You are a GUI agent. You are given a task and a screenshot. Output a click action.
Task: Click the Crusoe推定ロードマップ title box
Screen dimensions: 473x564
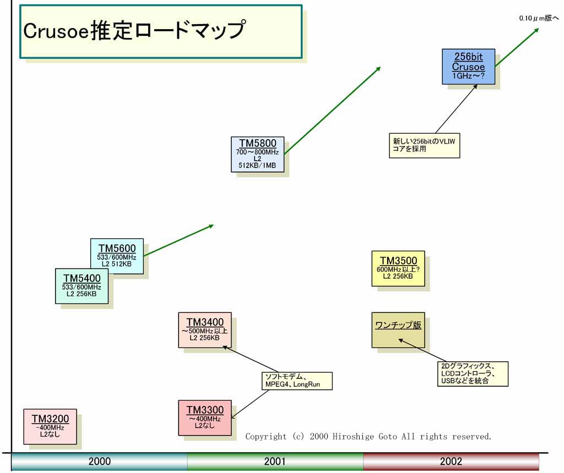click(x=161, y=31)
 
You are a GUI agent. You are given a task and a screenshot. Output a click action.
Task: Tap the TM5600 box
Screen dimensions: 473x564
click(x=117, y=256)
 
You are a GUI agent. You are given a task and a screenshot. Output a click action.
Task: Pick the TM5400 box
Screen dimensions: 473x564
click(x=82, y=285)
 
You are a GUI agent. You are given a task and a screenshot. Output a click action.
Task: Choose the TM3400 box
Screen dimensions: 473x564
click(x=204, y=329)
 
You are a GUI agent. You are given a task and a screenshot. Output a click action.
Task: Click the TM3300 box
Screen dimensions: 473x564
click(x=204, y=417)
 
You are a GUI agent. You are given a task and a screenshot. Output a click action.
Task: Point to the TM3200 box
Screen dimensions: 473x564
click(x=50, y=426)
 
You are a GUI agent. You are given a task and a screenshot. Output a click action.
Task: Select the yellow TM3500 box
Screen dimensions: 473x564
click(x=398, y=268)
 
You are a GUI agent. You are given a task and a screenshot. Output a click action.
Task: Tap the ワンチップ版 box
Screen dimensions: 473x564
click(x=398, y=330)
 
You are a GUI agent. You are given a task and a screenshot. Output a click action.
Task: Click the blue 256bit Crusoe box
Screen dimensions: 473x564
click(x=468, y=67)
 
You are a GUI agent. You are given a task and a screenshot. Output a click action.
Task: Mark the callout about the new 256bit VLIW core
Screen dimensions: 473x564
click(x=424, y=145)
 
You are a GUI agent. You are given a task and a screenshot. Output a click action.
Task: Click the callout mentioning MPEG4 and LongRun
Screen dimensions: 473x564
click(x=297, y=381)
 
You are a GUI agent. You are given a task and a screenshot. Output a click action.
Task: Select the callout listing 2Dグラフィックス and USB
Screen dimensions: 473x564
click(x=472, y=373)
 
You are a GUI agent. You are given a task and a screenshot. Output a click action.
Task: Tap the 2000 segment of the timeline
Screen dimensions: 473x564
click(x=99, y=461)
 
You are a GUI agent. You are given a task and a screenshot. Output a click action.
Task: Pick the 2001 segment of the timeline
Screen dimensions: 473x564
click(x=275, y=461)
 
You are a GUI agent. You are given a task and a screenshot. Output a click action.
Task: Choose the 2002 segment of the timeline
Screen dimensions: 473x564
click(x=451, y=461)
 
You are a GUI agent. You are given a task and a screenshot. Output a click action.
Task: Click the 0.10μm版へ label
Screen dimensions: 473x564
click(x=539, y=18)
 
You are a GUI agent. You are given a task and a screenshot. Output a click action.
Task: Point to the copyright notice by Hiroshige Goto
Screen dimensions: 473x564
click(x=368, y=437)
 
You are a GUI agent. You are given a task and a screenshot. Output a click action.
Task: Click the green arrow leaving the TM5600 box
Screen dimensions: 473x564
click(x=178, y=240)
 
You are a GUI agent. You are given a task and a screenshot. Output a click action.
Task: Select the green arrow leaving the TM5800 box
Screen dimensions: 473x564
click(x=332, y=110)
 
